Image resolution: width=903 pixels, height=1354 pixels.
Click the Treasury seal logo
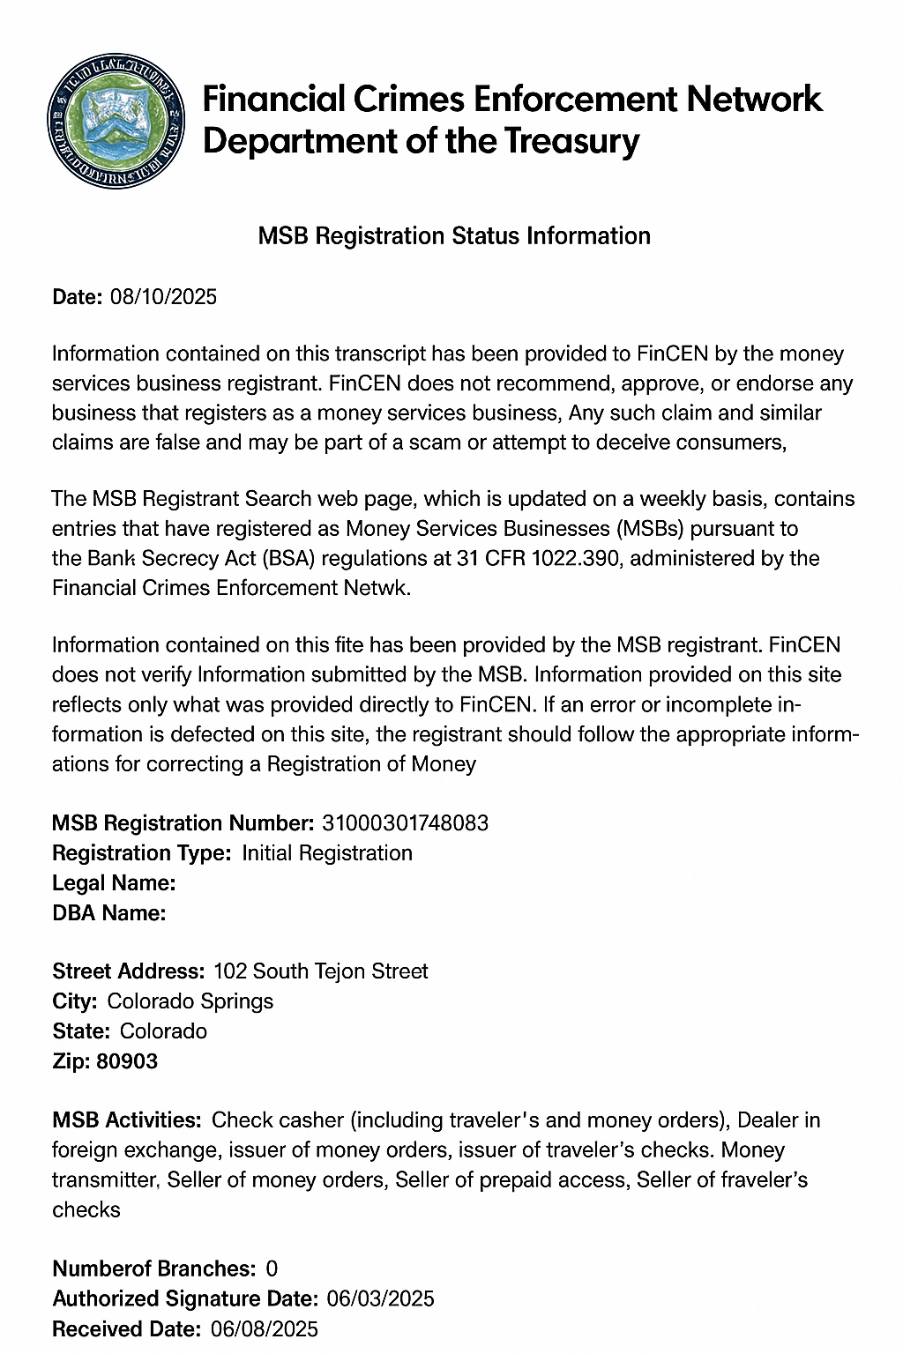[x=116, y=121]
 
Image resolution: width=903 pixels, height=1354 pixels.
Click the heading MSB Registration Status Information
[x=454, y=236]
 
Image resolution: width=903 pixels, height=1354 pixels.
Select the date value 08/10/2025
[x=163, y=296]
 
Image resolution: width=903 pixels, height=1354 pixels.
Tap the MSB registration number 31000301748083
[x=406, y=823]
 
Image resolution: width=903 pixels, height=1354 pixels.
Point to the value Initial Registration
[x=327, y=853]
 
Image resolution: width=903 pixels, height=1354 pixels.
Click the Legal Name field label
[x=114, y=883]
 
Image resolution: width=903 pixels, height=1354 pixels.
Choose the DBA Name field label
[x=109, y=913]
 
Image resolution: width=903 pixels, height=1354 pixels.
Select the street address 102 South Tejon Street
[x=320, y=971]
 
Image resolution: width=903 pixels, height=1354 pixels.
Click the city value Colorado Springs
[x=190, y=1001]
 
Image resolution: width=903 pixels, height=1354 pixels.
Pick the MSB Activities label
[x=127, y=1120]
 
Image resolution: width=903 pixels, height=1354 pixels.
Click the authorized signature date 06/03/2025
[x=380, y=1298]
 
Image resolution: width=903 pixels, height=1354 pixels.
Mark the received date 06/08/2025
[x=265, y=1328]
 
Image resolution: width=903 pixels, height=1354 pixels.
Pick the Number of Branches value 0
[x=272, y=1268]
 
